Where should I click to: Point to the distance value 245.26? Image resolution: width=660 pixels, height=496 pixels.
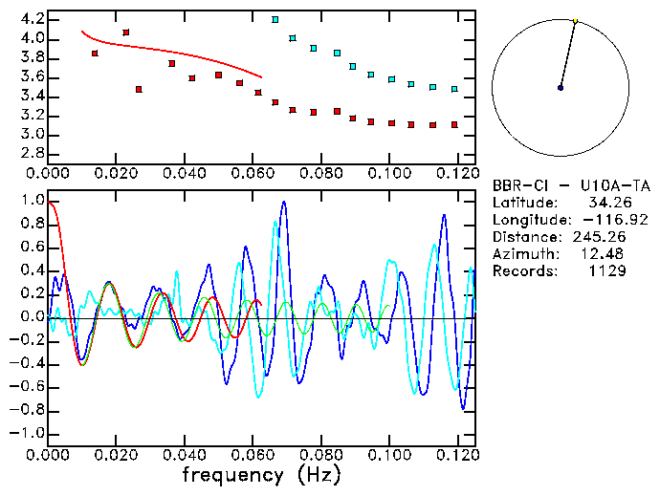pyautogui.click(x=600, y=237)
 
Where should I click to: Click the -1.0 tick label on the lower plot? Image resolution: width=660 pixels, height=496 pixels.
pyautogui.click(x=27, y=433)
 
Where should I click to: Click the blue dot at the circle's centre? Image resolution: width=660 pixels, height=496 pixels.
pyautogui.click(x=561, y=88)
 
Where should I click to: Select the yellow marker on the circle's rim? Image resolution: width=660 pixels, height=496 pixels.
pyautogui.click(x=575, y=20)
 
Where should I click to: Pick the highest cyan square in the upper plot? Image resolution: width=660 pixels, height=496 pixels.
pyautogui.click(x=275, y=19)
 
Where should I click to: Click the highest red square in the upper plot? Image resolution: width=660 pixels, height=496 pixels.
pyautogui.click(x=126, y=32)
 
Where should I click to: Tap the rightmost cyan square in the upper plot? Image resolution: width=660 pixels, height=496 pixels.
pyautogui.click(x=454, y=89)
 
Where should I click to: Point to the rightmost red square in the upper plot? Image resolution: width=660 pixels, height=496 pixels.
pyautogui.click(x=454, y=124)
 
